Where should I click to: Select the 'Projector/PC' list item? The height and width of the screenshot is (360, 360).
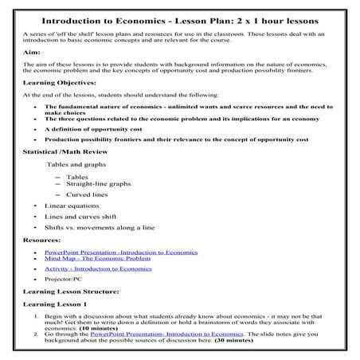pos(66,280)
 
